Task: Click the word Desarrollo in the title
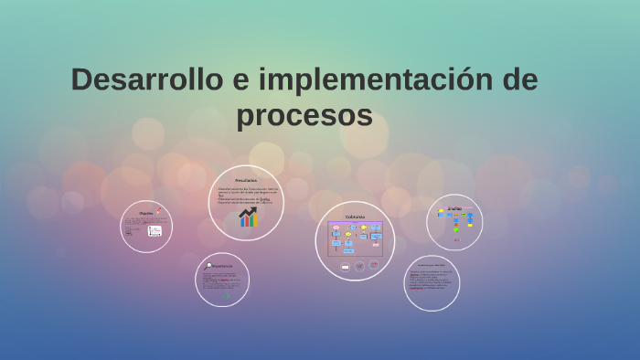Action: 146,80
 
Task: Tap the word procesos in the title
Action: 304,116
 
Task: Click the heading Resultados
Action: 246,180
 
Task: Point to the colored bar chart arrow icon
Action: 248,217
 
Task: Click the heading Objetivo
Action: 145,213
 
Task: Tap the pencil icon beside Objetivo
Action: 158,211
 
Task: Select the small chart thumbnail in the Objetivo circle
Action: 155,231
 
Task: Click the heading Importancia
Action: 221,266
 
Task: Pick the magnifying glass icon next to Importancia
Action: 208,265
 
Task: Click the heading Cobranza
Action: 355,217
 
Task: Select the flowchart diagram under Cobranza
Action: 355,238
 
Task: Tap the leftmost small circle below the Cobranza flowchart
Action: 345,267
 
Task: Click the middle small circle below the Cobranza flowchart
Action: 359,267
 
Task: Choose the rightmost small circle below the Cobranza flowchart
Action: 374,266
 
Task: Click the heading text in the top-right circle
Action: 454,208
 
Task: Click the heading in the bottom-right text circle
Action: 431,266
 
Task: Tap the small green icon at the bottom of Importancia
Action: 226,295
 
